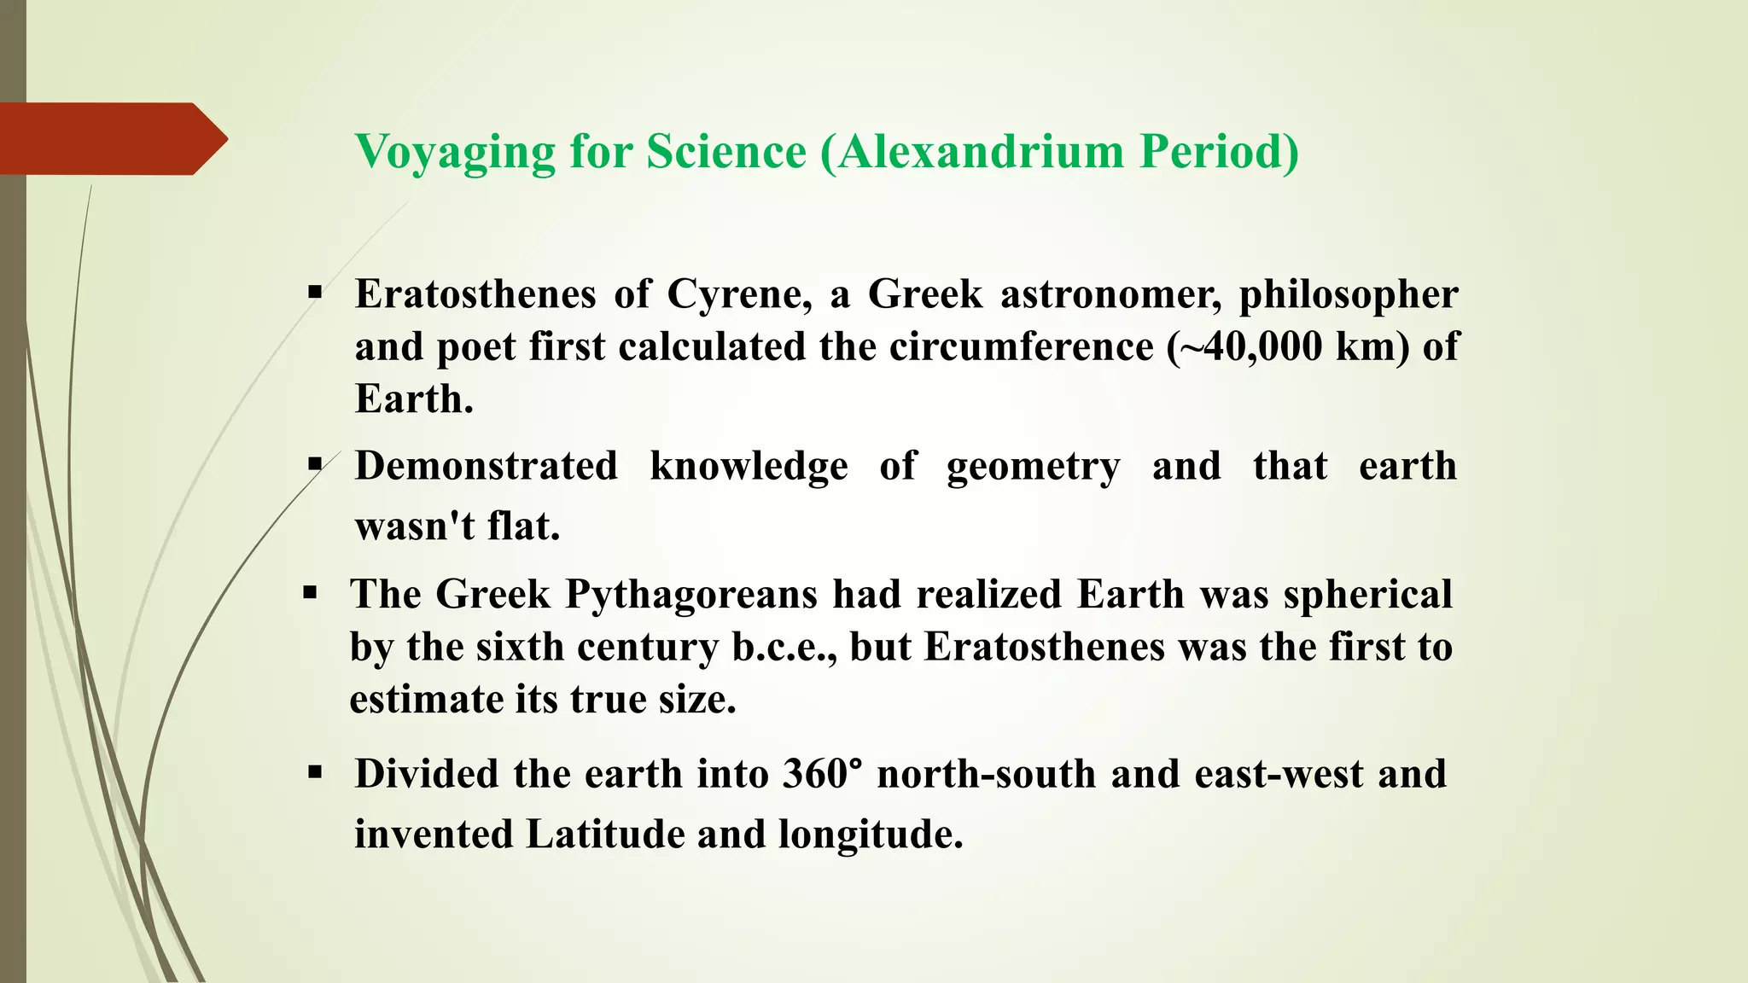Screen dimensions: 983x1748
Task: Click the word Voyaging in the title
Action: [455, 153]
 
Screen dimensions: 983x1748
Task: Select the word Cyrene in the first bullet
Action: [739, 294]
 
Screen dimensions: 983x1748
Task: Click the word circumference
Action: [1021, 346]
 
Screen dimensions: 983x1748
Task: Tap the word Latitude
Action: [605, 835]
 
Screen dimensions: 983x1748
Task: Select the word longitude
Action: [871, 835]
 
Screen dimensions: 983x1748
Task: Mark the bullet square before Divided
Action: [315, 773]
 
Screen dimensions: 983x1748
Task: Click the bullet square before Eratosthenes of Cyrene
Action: [315, 293]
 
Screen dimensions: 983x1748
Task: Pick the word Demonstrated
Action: [487, 466]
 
